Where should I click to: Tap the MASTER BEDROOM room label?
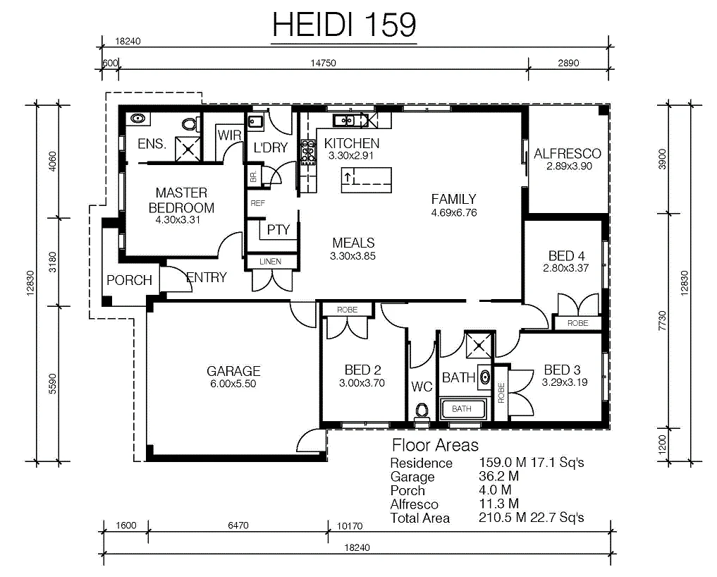tap(181, 200)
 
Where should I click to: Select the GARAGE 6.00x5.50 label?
tap(233, 377)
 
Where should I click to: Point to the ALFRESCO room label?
tap(568, 153)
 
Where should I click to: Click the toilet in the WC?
tap(421, 411)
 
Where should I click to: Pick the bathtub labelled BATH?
tap(462, 408)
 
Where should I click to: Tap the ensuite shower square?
tap(188, 149)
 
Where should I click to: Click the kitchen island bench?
tap(367, 180)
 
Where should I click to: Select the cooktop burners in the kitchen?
tap(308, 152)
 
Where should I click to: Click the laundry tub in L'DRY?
tap(255, 122)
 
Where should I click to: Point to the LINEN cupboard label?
tap(270, 261)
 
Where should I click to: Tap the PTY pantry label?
tap(278, 229)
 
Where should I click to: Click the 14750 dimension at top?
tap(324, 63)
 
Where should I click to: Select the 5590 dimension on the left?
tap(53, 384)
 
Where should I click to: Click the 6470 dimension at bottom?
tap(238, 526)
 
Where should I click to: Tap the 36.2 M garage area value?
tap(498, 476)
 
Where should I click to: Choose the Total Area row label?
tap(419, 518)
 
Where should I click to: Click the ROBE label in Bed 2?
tap(347, 310)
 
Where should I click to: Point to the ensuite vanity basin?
tap(137, 119)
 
